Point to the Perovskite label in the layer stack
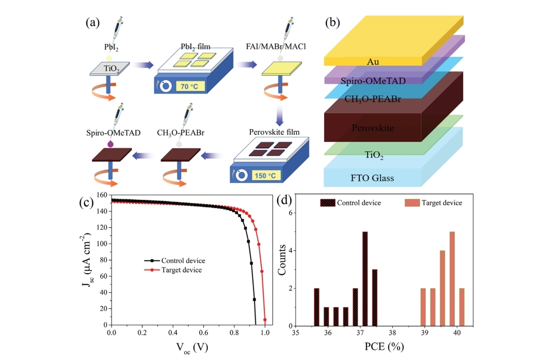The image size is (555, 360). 372,127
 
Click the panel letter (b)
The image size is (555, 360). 332,23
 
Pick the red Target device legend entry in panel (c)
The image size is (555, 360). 181,270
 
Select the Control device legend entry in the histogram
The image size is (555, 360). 358,202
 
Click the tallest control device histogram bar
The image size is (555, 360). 365,279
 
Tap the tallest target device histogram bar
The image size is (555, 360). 452,279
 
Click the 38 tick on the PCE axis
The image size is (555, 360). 393,334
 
